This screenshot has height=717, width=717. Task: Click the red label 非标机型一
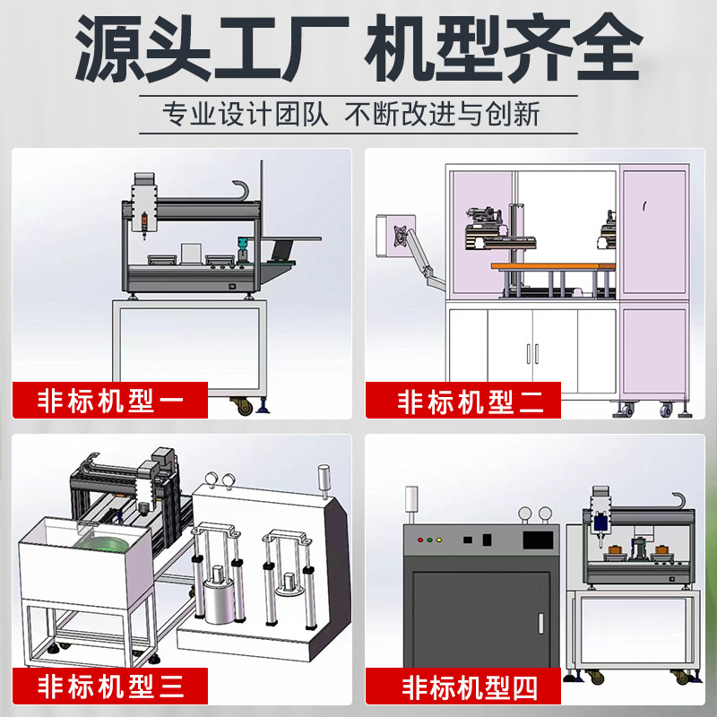coord(109,400)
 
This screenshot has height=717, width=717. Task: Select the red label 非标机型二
coord(463,400)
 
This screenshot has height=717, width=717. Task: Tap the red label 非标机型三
coord(109,686)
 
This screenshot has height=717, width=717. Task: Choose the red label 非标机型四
coord(463,686)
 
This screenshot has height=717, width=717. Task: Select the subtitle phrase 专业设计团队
coord(245,115)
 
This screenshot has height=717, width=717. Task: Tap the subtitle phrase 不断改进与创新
coord(442,115)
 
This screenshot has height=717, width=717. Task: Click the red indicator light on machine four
coord(420,540)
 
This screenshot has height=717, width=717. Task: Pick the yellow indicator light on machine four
coord(439,540)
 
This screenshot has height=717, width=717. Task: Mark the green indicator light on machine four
coord(429,540)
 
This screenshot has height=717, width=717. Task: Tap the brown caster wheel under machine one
coord(243,406)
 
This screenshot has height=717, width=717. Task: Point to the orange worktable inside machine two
coord(553,266)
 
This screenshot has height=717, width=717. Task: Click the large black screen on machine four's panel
coord(538,540)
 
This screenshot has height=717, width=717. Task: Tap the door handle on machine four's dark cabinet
coord(541,624)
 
